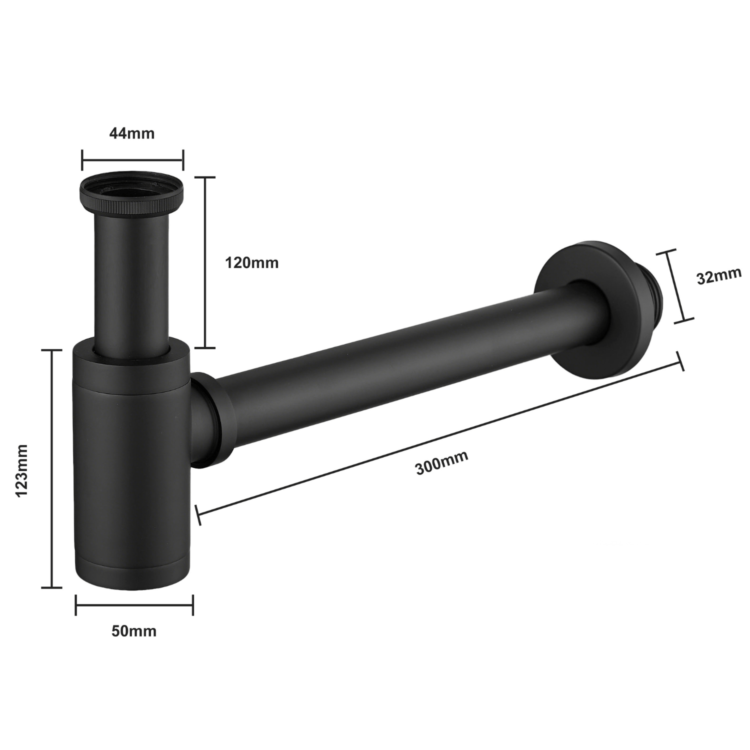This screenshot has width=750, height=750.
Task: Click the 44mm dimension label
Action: point(132,133)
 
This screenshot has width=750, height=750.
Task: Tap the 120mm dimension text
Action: point(251,262)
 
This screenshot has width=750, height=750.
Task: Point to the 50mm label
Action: point(133,631)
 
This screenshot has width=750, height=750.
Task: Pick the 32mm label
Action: point(719,276)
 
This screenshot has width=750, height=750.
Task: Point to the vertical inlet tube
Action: point(132,280)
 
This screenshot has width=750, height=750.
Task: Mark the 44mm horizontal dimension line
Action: point(132,160)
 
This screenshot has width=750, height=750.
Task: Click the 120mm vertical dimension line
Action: point(204,262)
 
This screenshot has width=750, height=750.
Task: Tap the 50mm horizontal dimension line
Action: point(134,605)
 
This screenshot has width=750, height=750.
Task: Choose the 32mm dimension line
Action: point(675,286)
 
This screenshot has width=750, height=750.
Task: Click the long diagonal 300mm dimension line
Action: point(440,435)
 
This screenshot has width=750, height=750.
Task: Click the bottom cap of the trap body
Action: point(134,575)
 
